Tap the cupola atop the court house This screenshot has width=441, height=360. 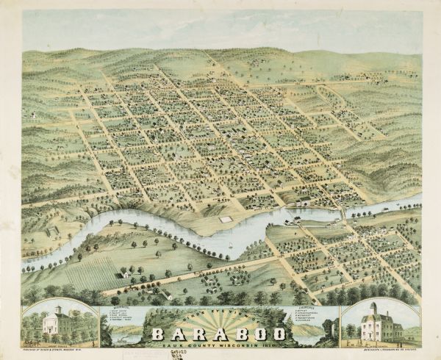[x=58, y=311]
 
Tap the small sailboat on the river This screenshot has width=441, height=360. [x=229, y=246]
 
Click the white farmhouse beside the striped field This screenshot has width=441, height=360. [x=126, y=275]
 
